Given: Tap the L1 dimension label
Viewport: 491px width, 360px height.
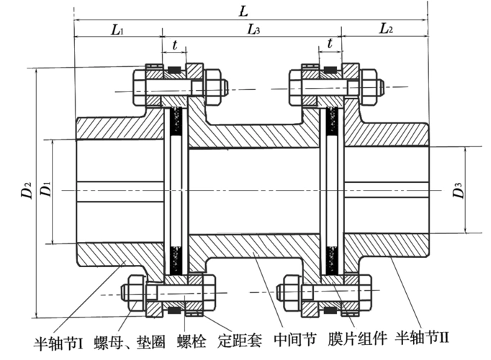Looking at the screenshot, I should pos(117,30).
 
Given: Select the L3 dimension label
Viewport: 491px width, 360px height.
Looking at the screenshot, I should pos(253,30).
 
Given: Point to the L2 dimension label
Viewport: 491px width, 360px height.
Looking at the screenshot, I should pos(386,30).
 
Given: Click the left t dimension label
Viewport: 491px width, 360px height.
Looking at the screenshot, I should pos(174,44).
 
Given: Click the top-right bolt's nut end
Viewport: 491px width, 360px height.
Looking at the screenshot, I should pos(370,86).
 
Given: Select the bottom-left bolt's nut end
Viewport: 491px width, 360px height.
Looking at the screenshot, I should pos(134,292).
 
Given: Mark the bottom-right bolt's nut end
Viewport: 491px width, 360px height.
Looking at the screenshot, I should pos(291,292).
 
